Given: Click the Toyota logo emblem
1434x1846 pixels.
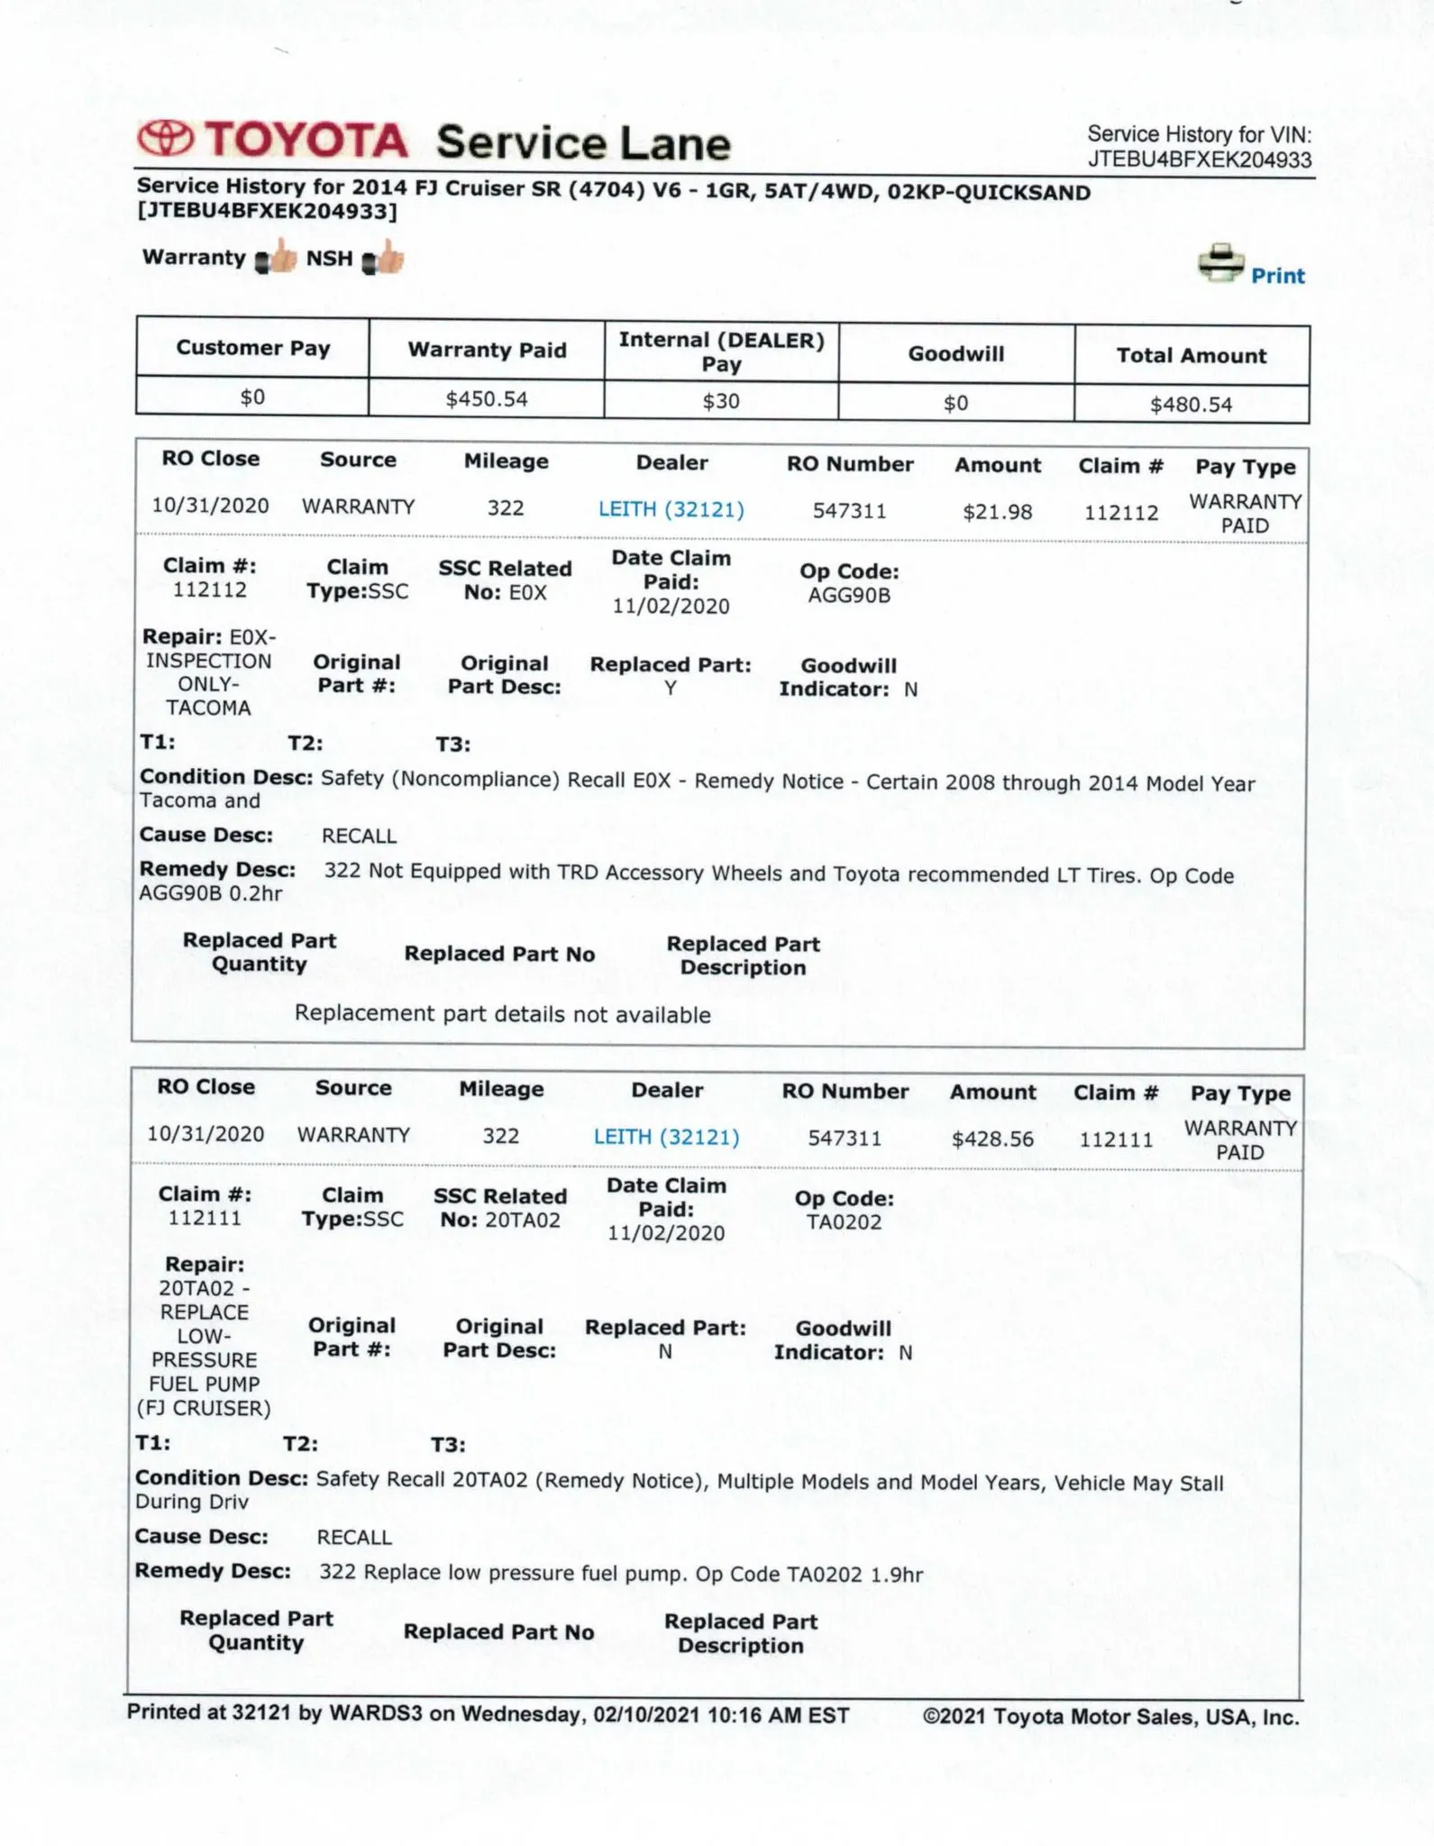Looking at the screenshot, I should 166,140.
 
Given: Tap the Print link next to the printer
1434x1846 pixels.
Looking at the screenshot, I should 1277,276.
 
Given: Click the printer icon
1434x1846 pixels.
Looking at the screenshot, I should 1220,262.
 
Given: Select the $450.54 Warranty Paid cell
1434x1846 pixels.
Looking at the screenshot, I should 487,398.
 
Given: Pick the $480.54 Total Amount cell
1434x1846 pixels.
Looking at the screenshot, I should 1191,405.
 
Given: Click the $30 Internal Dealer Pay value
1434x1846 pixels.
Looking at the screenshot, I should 721,401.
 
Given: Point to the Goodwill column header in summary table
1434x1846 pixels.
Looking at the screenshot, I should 955,354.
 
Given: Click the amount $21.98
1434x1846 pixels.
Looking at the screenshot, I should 997,512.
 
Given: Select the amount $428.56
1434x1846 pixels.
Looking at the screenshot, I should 992,1139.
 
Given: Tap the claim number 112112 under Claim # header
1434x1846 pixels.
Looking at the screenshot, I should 1120,513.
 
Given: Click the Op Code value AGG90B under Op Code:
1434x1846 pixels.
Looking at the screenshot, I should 849,596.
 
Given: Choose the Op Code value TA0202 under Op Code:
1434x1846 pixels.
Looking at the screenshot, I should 844,1223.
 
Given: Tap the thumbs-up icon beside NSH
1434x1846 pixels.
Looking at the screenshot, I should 383,259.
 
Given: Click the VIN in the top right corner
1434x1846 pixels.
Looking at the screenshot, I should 1200,160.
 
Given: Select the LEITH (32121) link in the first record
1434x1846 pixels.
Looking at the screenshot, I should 671,509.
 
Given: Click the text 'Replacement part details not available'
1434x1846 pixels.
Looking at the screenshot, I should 502,1014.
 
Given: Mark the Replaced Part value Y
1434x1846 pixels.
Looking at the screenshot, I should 671,689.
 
